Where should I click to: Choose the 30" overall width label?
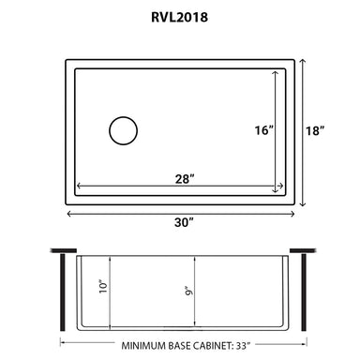(184, 222)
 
